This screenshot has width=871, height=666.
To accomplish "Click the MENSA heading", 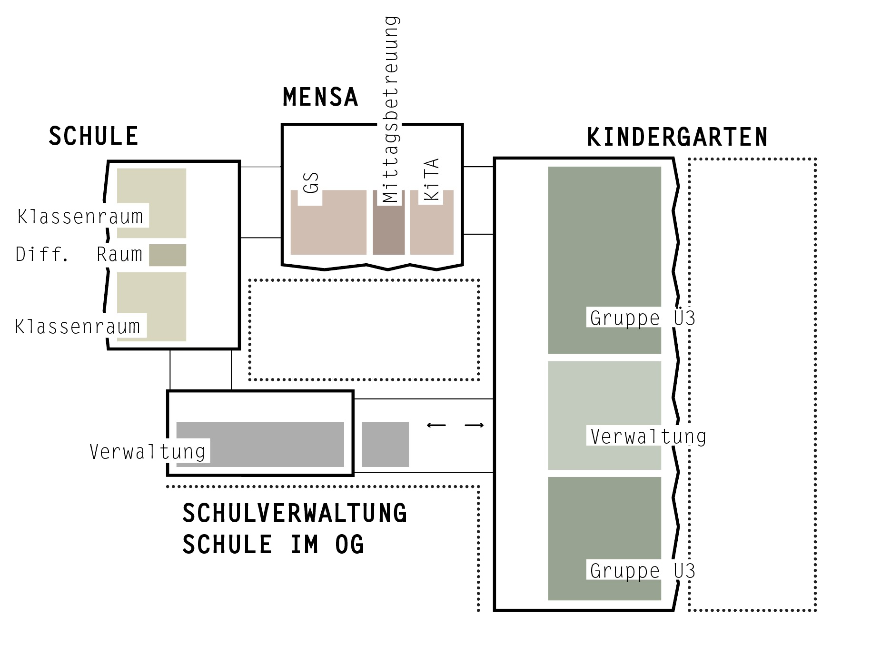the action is click(x=320, y=97).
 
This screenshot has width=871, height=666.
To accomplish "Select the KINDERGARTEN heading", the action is click(x=677, y=138).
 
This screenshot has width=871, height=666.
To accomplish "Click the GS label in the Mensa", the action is click(x=311, y=183).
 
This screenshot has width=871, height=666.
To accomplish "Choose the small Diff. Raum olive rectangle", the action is click(x=168, y=255).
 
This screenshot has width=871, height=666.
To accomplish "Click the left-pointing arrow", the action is click(x=436, y=425).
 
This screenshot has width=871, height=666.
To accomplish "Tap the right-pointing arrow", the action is click(x=474, y=425).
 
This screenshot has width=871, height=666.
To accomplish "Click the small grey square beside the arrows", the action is click(x=385, y=444).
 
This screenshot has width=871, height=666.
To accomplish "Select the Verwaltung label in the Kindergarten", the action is click(x=648, y=437).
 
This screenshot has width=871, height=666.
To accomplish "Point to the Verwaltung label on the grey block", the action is click(x=148, y=451).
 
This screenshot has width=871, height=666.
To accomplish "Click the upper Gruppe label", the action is click(x=643, y=318).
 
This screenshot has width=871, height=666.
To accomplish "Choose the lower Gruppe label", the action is click(x=643, y=570).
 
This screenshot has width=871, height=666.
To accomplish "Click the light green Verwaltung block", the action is click(x=604, y=405).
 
